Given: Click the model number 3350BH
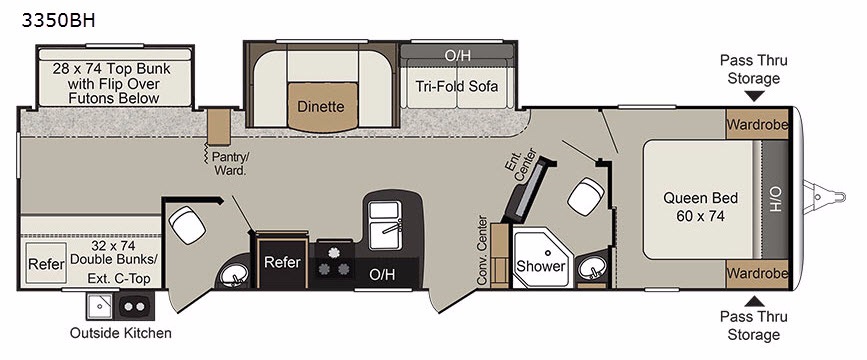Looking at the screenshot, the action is [x=59, y=20].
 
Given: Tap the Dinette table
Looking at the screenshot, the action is [x=321, y=107].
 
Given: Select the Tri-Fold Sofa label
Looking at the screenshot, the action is [x=457, y=86].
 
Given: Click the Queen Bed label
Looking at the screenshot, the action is [x=700, y=207].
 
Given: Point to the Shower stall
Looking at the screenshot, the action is [x=543, y=257].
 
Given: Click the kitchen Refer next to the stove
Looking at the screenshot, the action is [x=282, y=260].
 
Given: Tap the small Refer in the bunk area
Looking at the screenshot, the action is [x=46, y=264].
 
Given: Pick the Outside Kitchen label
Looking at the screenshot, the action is [x=121, y=333].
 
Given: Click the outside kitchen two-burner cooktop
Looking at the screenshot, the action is [x=134, y=306].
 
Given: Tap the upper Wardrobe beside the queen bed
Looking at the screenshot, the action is [x=757, y=124].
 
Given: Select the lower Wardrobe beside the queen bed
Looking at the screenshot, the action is [x=757, y=273].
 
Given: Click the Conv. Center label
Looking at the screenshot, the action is [x=482, y=251].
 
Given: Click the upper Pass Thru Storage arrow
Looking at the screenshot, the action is [x=754, y=97].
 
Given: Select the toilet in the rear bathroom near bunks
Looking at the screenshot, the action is [x=187, y=224].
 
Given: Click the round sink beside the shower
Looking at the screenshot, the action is [x=592, y=268].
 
